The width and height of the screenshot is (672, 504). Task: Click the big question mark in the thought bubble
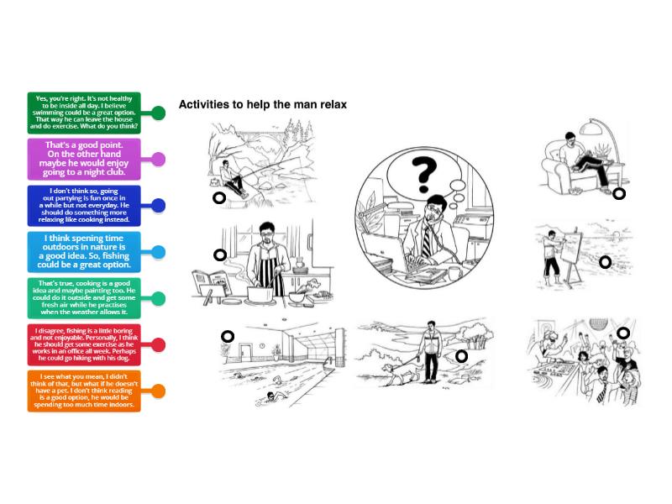pos(423,175)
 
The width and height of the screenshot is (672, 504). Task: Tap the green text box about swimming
pos(84,113)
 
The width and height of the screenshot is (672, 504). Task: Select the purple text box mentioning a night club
pos(84,159)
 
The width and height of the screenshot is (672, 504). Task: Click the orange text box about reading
pos(84,391)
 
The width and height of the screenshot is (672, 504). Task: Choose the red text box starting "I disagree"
pos(84,344)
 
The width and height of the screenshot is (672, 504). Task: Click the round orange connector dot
pos(158,391)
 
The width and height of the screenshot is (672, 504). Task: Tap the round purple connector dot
pos(158,159)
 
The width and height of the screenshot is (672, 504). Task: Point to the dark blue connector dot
pos(158,205)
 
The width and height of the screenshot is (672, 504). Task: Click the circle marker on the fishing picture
pos(219,198)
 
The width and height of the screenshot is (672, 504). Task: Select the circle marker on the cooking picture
pos(220,255)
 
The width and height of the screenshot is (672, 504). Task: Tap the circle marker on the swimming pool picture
pos(228,337)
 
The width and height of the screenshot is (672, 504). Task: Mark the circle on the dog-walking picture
pos(461,356)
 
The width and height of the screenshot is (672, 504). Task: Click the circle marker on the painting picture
pos(605,262)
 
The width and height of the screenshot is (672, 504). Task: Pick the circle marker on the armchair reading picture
pos(619,194)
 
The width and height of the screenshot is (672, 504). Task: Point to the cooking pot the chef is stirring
pos(260,295)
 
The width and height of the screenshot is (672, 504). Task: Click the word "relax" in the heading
pos(333,104)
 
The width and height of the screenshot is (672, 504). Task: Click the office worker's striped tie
pos(427,242)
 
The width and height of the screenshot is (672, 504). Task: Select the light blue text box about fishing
pos(84,251)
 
